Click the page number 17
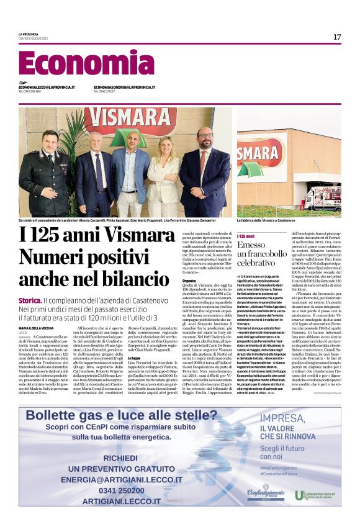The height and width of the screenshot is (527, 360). (x=336, y=37)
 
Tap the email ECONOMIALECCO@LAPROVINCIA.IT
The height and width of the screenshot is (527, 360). (x=47, y=88)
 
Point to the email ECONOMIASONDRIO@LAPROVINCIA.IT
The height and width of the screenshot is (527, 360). (x=124, y=88)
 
